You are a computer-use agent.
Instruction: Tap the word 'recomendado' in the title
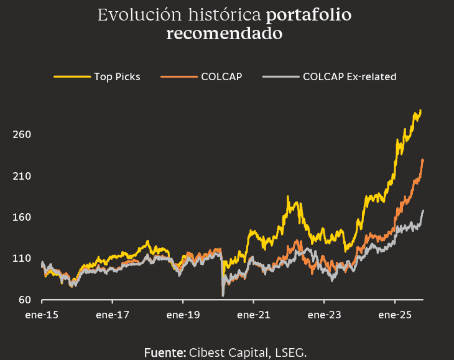click(225, 34)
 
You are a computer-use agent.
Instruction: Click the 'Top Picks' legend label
click(117, 77)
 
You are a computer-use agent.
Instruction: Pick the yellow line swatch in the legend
click(72, 77)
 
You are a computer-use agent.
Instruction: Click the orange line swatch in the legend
click(178, 77)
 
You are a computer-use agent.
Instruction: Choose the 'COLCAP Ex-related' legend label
click(350, 77)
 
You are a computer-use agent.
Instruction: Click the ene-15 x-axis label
click(42, 315)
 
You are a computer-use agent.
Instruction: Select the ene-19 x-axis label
click(183, 315)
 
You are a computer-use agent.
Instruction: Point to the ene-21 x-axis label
click(254, 315)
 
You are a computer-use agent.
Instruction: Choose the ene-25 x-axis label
click(396, 315)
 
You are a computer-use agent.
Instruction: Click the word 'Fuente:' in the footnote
click(165, 353)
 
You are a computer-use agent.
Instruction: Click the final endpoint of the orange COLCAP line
click(423, 160)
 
